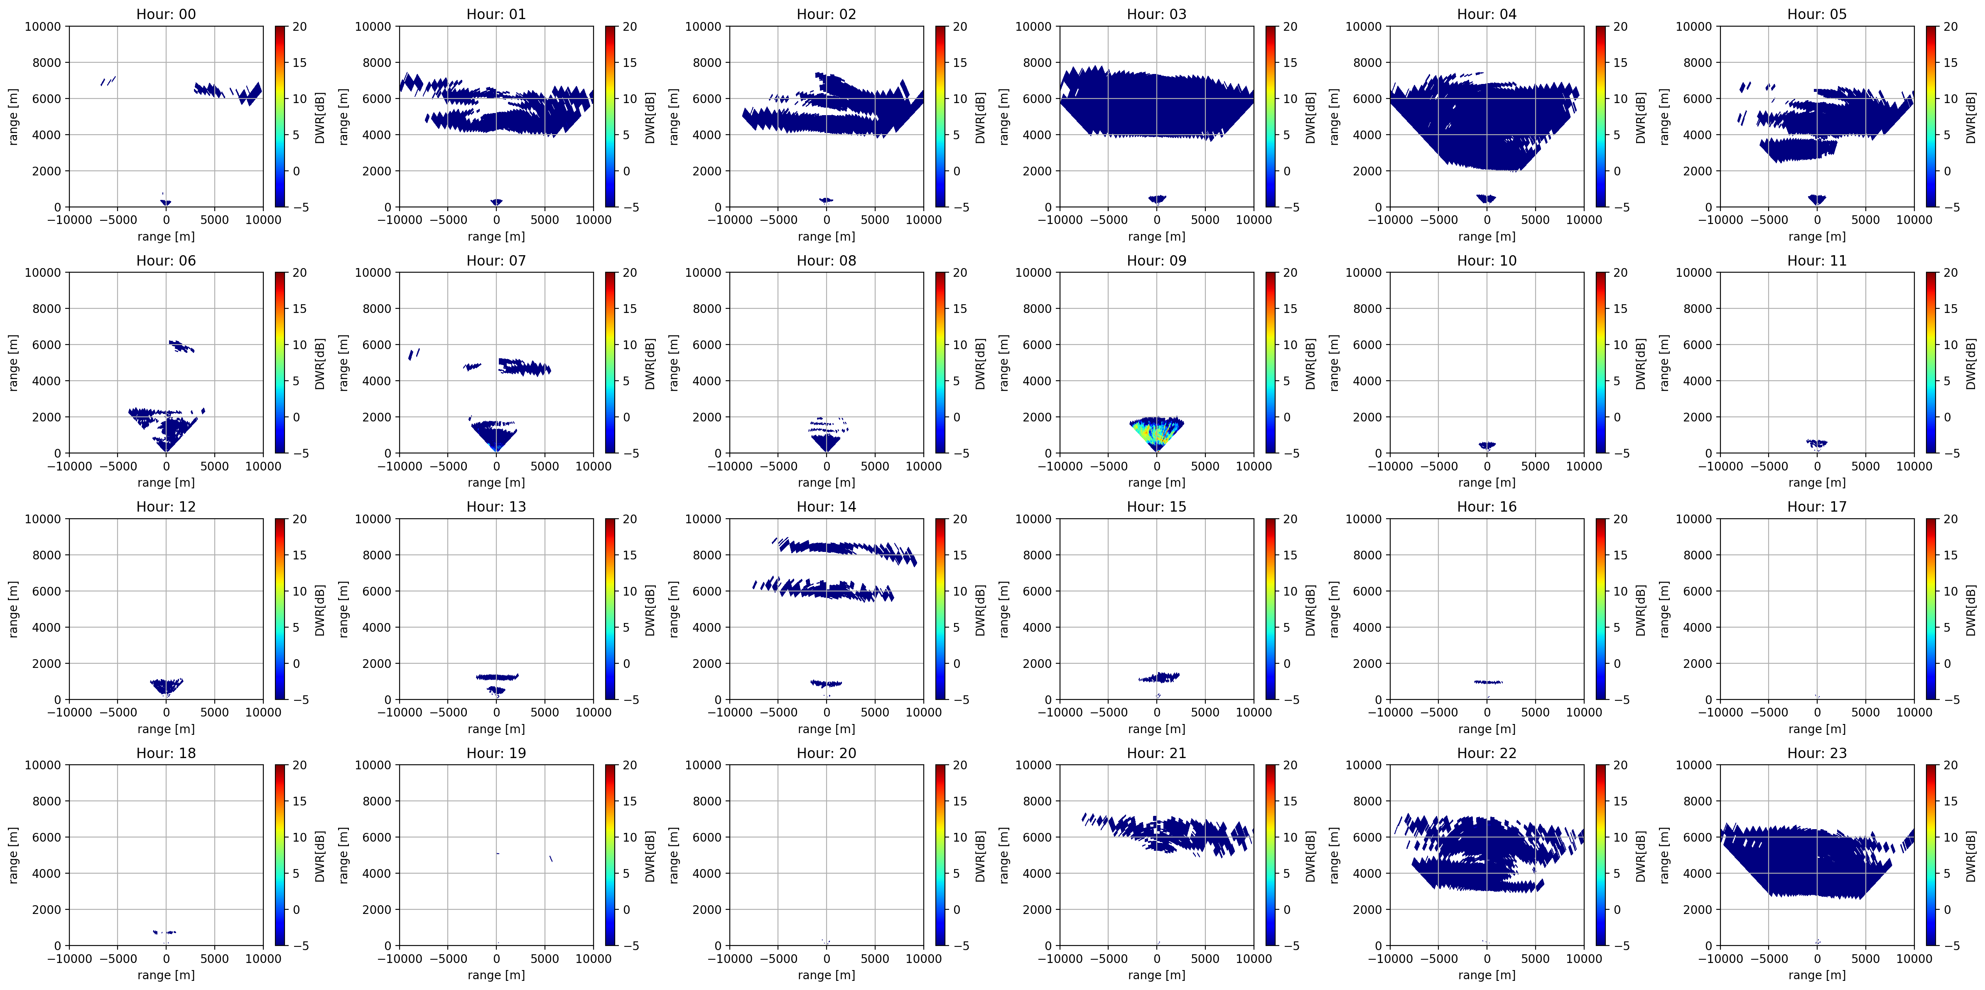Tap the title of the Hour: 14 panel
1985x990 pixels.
[826, 507]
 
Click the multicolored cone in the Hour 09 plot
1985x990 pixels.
[1157, 432]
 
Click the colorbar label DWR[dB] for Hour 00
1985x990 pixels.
[320, 117]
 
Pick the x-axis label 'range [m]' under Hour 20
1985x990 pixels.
[826, 975]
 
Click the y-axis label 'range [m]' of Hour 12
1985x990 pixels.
[13, 609]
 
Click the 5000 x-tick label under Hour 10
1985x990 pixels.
[1535, 466]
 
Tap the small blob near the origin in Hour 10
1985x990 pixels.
[1487, 445]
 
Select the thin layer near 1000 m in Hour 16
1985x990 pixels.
[1488, 682]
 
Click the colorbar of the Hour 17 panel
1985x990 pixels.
[1931, 609]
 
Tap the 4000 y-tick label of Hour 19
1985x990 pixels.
[376, 874]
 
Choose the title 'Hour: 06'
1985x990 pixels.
[166, 261]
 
